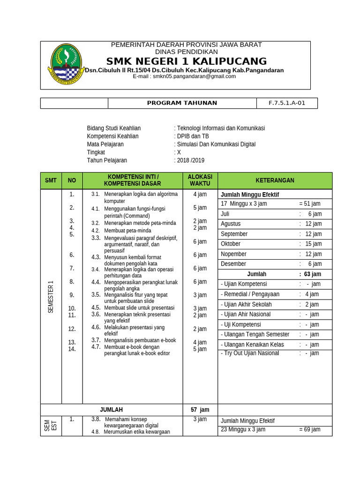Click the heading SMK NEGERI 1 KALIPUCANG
(x=186, y=61)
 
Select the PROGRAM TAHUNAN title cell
(x=182, y=103)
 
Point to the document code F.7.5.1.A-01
(x=286, y=103)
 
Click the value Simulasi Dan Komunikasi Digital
(x=216, y=144)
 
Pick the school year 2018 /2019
(x=190, y=160)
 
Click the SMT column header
(x=51, y=180)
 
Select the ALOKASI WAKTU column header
(x=200, y=180)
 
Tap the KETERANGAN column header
(x=275, y=180)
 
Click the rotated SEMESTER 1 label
(x=51, y=297)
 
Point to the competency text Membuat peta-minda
(x=127, y=231)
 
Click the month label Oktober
(x=231, y=244)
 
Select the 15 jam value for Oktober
(x=313, y=244)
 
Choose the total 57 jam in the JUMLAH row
(x=200, y=410)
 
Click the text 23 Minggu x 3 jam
(x=243, y=429)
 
